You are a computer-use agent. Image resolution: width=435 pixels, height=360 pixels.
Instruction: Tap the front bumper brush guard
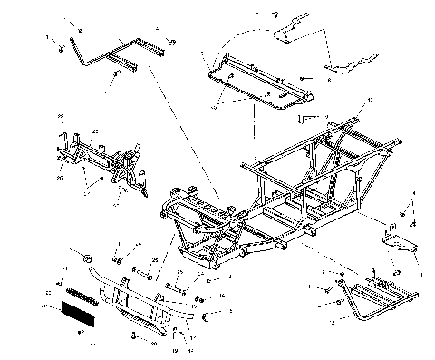(136, 299)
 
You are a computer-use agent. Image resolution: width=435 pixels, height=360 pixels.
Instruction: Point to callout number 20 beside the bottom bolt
(155, 344)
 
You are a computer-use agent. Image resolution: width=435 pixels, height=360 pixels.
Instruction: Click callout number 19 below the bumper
(175, 348)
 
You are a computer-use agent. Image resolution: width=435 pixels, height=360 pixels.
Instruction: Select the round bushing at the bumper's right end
(208, 316)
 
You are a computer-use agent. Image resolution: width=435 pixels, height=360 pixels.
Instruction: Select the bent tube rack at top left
(109, 56)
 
